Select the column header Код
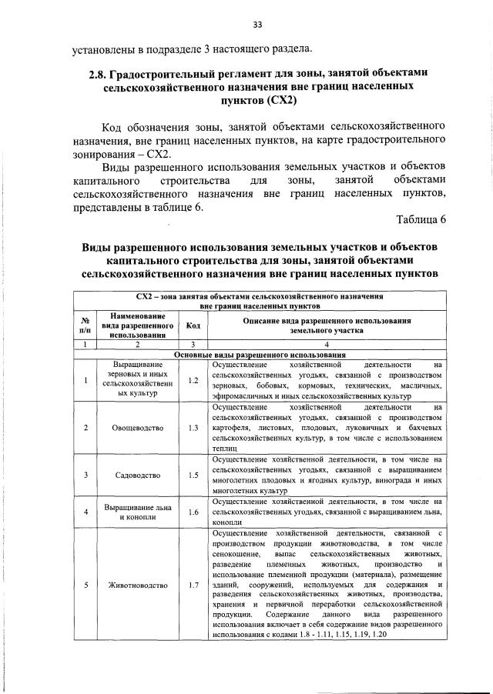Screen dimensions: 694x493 click(x=193, y=325)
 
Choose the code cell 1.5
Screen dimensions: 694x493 click(x=193, y=475)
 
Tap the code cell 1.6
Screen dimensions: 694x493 click(x=193, y=511)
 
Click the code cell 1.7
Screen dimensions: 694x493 click(x=193, y=585)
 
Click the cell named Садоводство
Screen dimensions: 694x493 click(x=136, y=475)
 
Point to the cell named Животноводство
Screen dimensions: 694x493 click(x=136, y=585)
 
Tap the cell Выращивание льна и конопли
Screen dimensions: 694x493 click(x=136, y=511)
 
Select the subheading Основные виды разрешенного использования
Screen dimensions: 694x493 click(x=260, y=354)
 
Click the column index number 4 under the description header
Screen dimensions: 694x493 click(x=327, y=344)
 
